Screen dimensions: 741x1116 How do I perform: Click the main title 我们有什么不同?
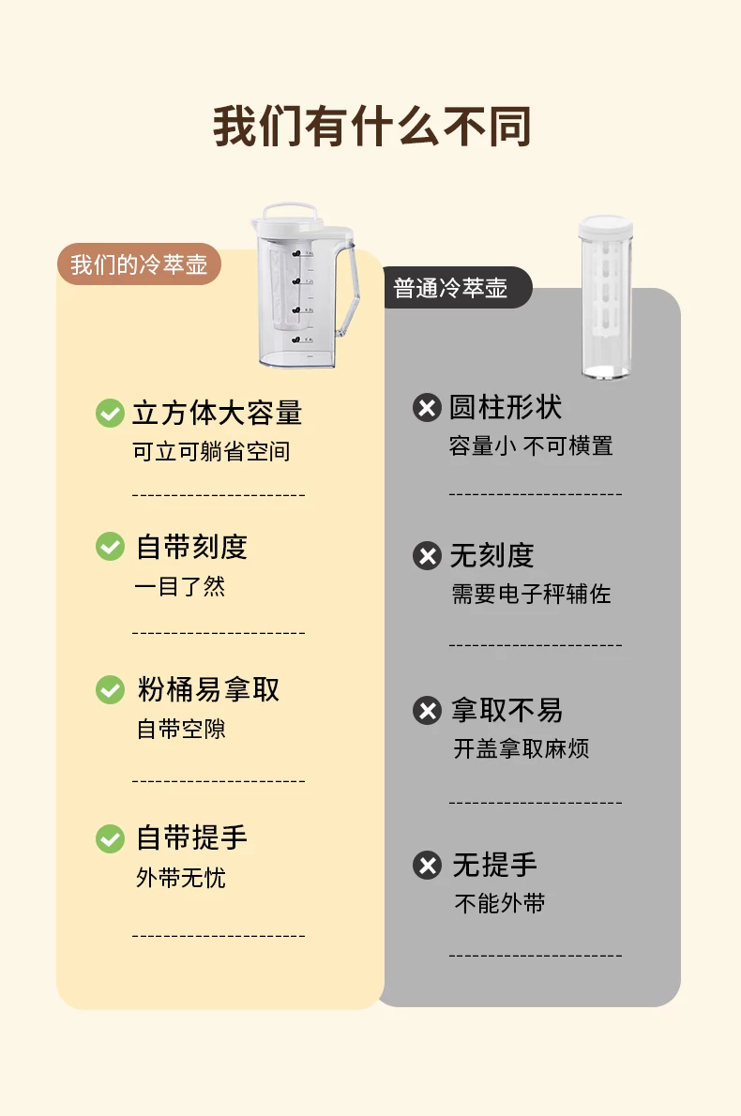click(x=371, y=128)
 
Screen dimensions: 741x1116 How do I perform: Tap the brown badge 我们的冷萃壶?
click(x=139, y=264)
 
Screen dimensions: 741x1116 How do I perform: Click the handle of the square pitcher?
click(x=347, y=288)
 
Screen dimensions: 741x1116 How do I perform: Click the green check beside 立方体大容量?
click(x=110, y=413)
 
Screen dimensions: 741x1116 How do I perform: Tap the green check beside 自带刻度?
click(x=110, y=546)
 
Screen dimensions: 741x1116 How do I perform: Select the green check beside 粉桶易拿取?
click(x=110, y=689)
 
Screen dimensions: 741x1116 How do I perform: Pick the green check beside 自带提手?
click(x=110, y=837)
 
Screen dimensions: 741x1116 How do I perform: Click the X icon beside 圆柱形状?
click(x=427, y=407)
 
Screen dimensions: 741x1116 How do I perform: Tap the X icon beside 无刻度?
click(x=427, y=555)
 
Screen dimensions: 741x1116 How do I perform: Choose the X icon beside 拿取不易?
click(x=427, y=710)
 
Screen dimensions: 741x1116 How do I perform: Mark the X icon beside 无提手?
click(x=427, y=865)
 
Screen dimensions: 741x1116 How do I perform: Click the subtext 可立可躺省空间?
click(x=211, y=451)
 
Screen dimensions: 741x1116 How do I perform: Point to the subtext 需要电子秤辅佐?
click(x=531, y=594)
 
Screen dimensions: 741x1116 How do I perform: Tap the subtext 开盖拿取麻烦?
click(x=522, y=748)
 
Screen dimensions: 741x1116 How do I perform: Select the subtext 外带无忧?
click(x=181, y=878)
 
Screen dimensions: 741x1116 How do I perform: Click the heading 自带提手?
click(x=191, y=837)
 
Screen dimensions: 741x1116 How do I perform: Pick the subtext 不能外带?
click(x=500, y=903)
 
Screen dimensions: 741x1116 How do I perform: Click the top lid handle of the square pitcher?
click(x=291, y=211)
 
